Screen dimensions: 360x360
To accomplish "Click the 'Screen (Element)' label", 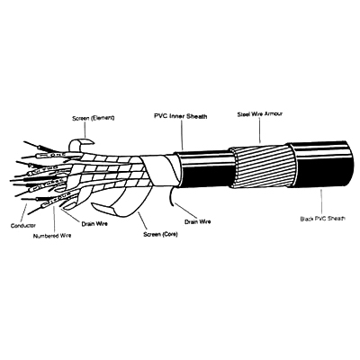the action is coord(94,118).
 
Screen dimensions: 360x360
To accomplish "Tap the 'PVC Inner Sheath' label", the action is coord(181,116).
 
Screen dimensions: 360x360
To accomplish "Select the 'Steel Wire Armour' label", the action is coord(260,114).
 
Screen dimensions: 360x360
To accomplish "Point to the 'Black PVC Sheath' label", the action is coord(323,218).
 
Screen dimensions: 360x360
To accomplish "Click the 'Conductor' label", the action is coord(23,226).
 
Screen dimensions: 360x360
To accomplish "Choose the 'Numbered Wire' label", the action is coord(52,236).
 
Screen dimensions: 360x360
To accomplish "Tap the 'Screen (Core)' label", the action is coord(160,234).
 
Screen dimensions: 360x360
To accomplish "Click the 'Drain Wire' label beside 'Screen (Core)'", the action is coord(197,221).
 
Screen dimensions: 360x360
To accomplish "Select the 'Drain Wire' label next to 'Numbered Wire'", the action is coord(94,224).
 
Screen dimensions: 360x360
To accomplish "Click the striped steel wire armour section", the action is coord(263,166).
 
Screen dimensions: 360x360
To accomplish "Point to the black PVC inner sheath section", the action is coord(204,169).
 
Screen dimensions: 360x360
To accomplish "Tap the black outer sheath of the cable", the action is coord(321,165).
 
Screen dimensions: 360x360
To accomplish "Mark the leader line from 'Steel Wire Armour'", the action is coord(258,130).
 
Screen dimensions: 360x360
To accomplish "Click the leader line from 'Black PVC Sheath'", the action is coord(321,202).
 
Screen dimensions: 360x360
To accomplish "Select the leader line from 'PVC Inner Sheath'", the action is coord(182,135).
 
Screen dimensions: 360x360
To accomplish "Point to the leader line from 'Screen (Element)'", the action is coord(85,130).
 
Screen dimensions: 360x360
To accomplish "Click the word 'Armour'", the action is coord(274,114).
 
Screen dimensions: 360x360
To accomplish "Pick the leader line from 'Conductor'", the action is coord(23,213).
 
